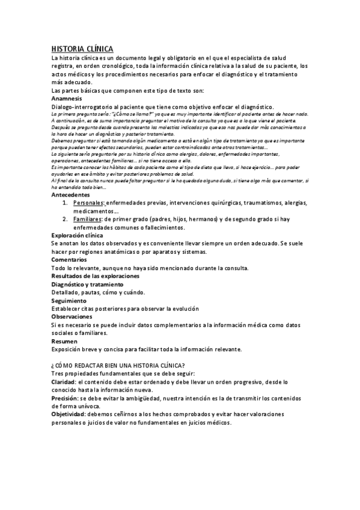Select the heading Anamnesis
pyautogui.click(x=66, y=98)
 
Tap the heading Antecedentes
pyautogui.click(x=70, y=195)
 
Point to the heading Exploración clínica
pyautogui.click(x=77, y=236)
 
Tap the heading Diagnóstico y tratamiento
pyautogui.click(x=87, y=284)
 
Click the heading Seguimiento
pyautogui.click(x=69, y=300)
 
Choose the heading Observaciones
pyautogui.click(x=72, y=316)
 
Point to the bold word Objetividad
pyautogui.click(x=68, y=414)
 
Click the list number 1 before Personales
pyautogui.click(x=65, y=203)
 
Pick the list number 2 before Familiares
pyautogui.click(x=65, y=220)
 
